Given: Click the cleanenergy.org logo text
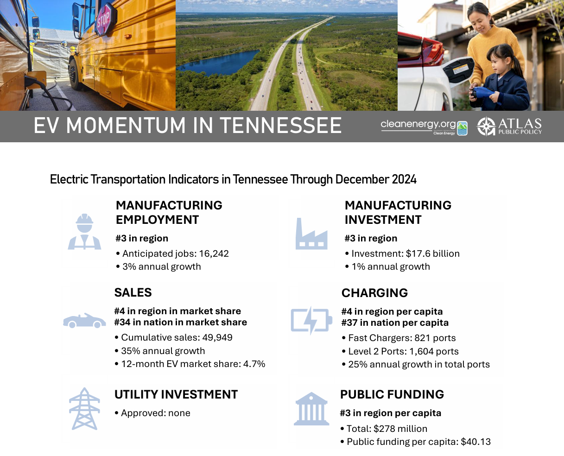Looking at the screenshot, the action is coord(418,125).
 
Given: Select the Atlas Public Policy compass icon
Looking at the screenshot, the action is coord(486,126).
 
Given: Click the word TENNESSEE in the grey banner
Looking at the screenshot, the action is coord(281,126).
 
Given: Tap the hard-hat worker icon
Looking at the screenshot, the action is coord(84,231).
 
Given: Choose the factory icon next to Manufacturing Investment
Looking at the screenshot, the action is coord(311,234).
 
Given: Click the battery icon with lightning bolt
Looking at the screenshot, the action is coord(311,320).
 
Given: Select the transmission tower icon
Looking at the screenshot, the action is coord(84,408).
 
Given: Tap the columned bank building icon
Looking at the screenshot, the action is coord(311,408).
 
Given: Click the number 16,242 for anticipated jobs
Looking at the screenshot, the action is coord(214,253).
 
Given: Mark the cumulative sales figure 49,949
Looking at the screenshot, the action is coord(217,337).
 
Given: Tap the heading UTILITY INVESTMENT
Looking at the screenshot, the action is coord(176,394).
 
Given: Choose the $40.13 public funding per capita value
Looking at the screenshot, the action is coord(475,442).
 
